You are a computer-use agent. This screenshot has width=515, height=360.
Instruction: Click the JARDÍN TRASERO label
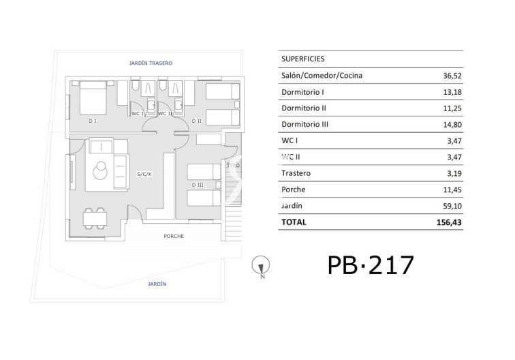(x=151, y=63)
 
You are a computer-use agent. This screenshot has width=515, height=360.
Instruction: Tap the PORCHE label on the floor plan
(x=174, y=236)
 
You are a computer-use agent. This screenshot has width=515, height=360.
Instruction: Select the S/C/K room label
(x=144, y=175)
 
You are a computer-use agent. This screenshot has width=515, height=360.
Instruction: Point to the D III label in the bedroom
(x=198, y=185)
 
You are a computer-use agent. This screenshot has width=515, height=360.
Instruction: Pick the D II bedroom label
(x=196, y=121)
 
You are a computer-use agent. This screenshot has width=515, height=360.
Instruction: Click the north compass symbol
(x=259, y=264)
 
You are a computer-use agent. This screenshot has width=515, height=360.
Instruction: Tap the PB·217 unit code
(x=370, y=264)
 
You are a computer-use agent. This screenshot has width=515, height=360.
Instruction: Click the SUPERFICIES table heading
(x=302, y=59)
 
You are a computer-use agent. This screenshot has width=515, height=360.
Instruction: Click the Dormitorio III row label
(x=306, y=124)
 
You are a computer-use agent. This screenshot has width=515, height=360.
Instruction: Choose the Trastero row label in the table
(x=296, y=173)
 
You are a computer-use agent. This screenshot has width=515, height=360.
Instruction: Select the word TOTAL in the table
(x=294, y=222)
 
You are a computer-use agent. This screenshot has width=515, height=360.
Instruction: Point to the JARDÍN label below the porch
(x=156, y=284)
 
